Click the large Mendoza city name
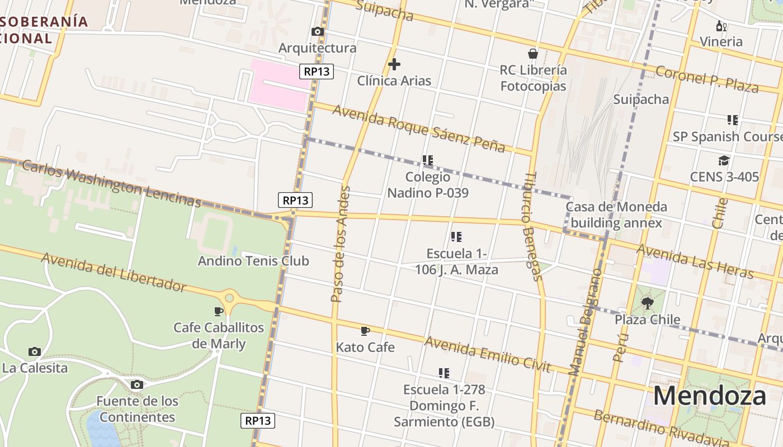[x=709, y=396]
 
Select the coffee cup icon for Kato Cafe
[x=365, y=331]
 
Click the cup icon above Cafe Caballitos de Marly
[x=219, y=311]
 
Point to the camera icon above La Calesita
[x=35, y=352]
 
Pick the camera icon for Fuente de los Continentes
[x=137, y=385]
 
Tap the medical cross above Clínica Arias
[x=394, y=64]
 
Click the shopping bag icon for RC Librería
[x=533, y=54]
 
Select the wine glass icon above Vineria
[x=721, y=26]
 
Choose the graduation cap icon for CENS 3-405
[x=724, y=161]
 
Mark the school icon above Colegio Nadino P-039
[x=428, y=161]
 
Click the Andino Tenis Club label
[x=253, y=261]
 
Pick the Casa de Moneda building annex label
[x=616, y=215]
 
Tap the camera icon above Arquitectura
[x=318, y=32]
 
